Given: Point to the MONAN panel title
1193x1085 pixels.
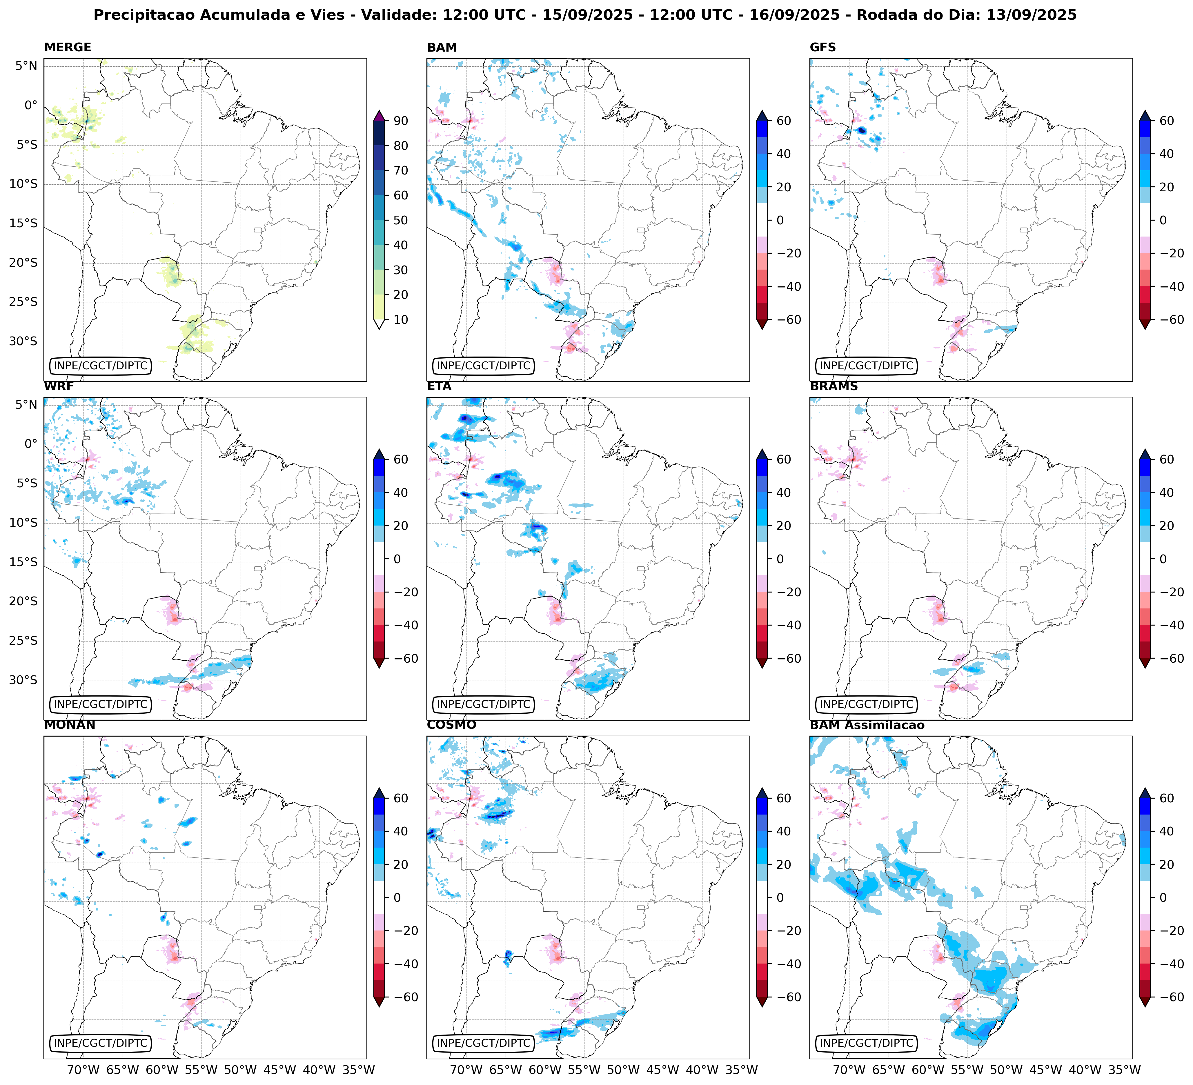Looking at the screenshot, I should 69,725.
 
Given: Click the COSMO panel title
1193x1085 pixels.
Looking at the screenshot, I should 451,725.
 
